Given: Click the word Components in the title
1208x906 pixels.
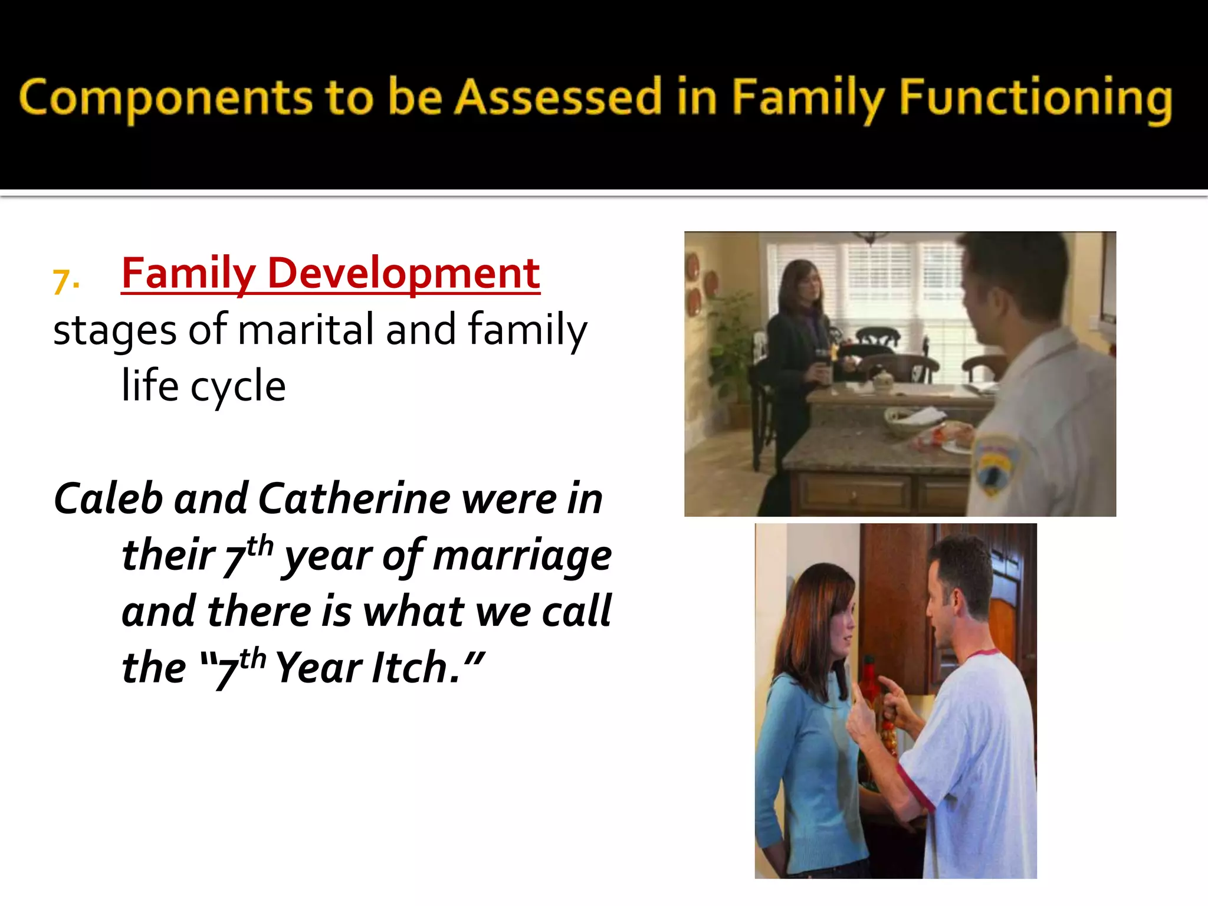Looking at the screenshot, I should pos(165,97).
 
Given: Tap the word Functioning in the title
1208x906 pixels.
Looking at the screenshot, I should pos(1035,97).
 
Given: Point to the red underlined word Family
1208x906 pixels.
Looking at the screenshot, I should pos(188,274).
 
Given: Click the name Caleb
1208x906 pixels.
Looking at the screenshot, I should pos(108,498).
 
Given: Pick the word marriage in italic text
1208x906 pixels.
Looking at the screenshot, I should pos(522,556).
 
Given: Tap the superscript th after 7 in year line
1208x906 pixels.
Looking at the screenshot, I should pos(260,546).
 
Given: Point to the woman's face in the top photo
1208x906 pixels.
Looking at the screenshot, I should pos(808,289).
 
